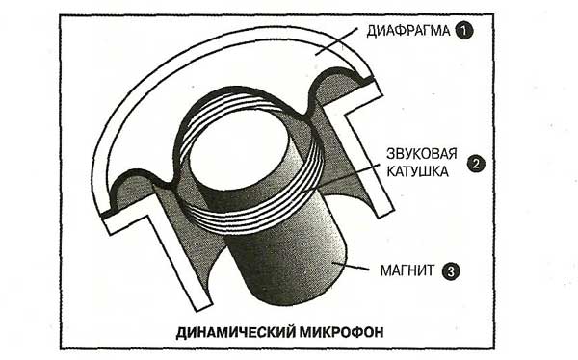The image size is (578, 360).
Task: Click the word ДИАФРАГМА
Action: point(408,31)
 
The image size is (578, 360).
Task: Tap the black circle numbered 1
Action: point(464,31)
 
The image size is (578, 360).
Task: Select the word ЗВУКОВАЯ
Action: point(421,154)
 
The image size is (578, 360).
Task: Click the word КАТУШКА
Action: point(417,171)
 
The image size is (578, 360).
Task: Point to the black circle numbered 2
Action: point(476,164)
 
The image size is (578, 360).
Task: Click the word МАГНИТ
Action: point(407,270)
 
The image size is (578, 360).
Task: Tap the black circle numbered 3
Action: point(451,271)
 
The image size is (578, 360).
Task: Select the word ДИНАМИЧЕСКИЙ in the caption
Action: point(236,332)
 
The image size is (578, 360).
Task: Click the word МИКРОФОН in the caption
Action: point(342,332)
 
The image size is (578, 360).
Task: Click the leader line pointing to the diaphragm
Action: point(337,41)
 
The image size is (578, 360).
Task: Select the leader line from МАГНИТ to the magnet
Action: point(351,267)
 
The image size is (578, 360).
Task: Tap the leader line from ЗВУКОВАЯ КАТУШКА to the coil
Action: point(341,178)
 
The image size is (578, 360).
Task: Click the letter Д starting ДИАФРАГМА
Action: point(371,32)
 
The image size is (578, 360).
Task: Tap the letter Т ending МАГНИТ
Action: point(431,270)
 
